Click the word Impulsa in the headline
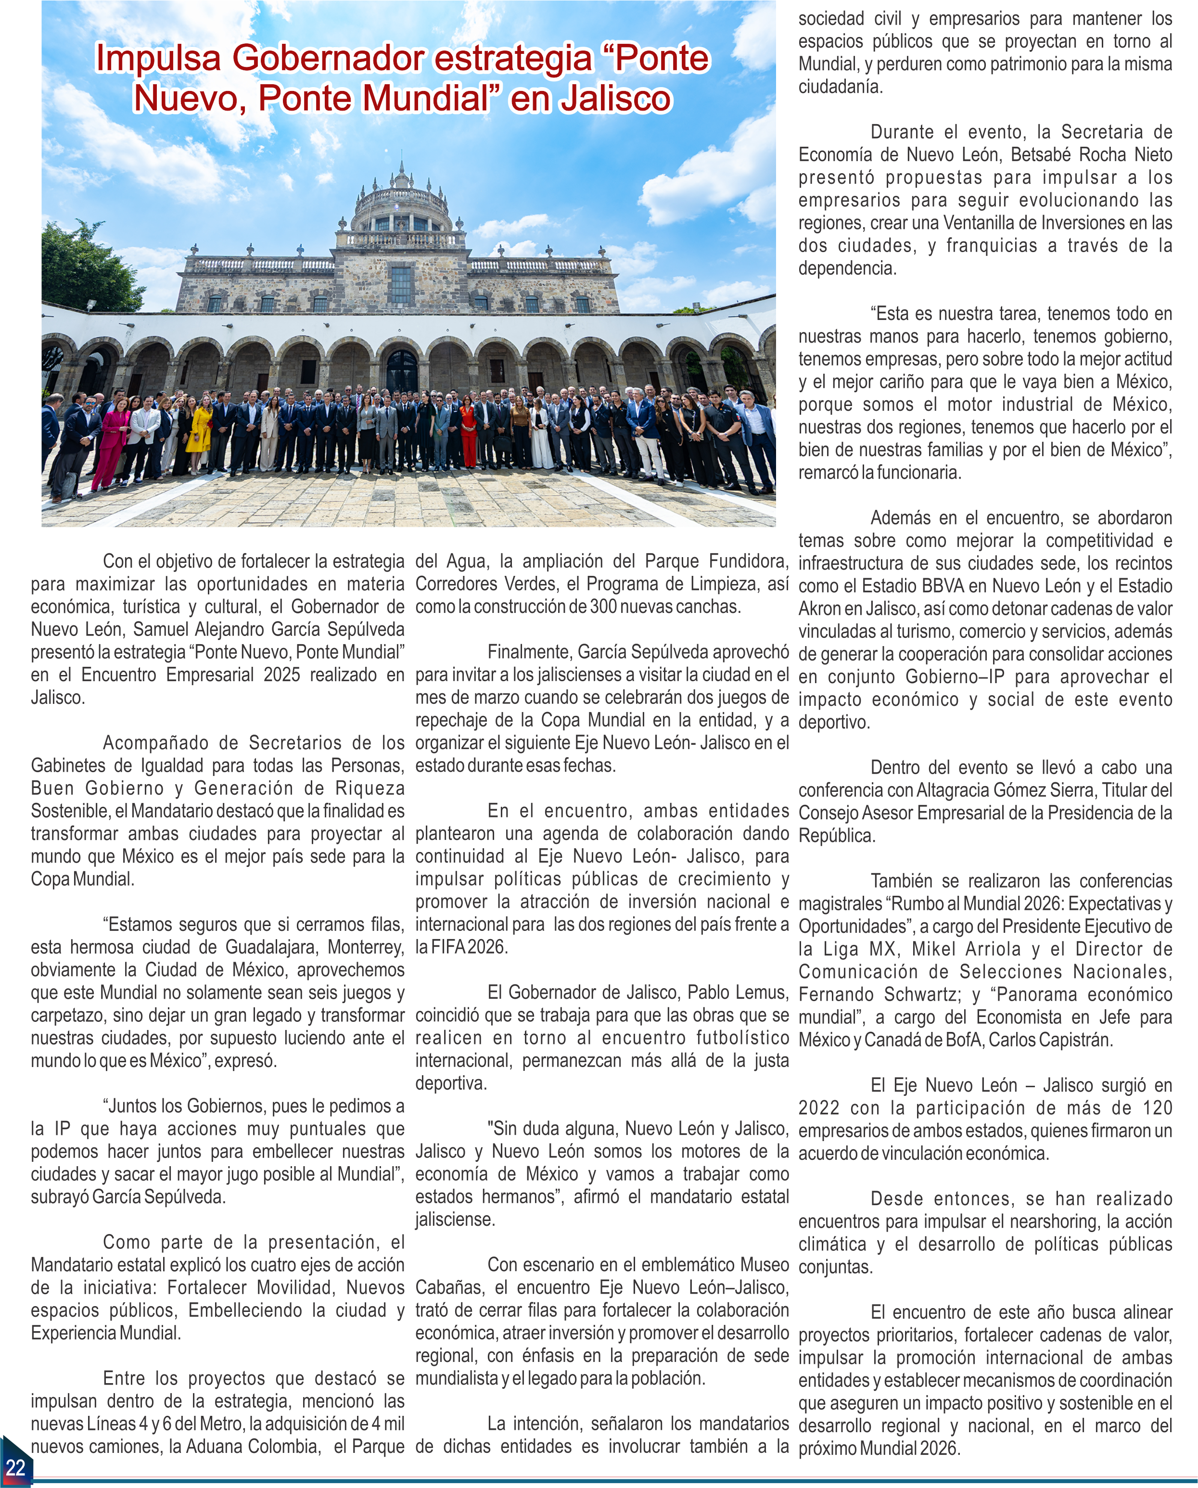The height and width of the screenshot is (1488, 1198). (158, 58)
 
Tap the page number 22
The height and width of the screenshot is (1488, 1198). (15, 1467)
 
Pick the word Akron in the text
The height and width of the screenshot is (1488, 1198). (821, 609)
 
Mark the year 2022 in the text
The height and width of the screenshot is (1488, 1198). (819, 1108)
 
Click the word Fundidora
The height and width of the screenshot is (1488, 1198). (747, 561)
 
